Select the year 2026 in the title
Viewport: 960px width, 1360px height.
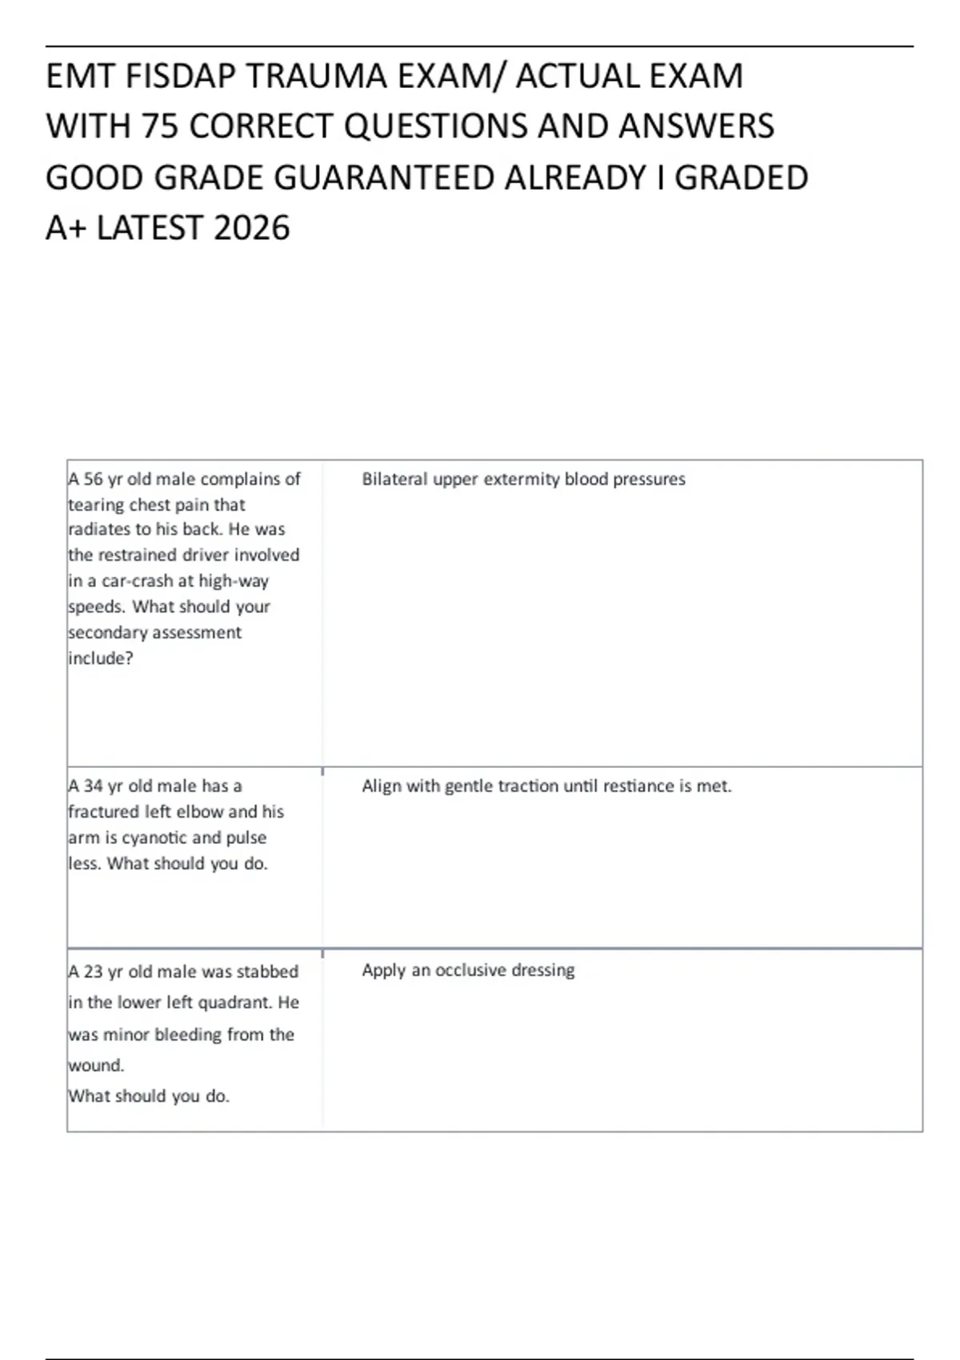252,229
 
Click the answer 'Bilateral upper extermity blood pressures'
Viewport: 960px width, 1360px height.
523,479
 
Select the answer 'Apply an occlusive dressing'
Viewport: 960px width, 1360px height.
468,970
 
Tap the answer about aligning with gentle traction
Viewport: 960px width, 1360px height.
546,786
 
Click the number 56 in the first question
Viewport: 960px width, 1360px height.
94,479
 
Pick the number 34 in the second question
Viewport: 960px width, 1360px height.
94,786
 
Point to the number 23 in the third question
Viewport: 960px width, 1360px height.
94,972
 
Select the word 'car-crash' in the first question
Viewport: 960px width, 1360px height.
136,582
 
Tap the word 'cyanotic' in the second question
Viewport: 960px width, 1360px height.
154,838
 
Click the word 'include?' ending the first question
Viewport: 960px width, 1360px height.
100,658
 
